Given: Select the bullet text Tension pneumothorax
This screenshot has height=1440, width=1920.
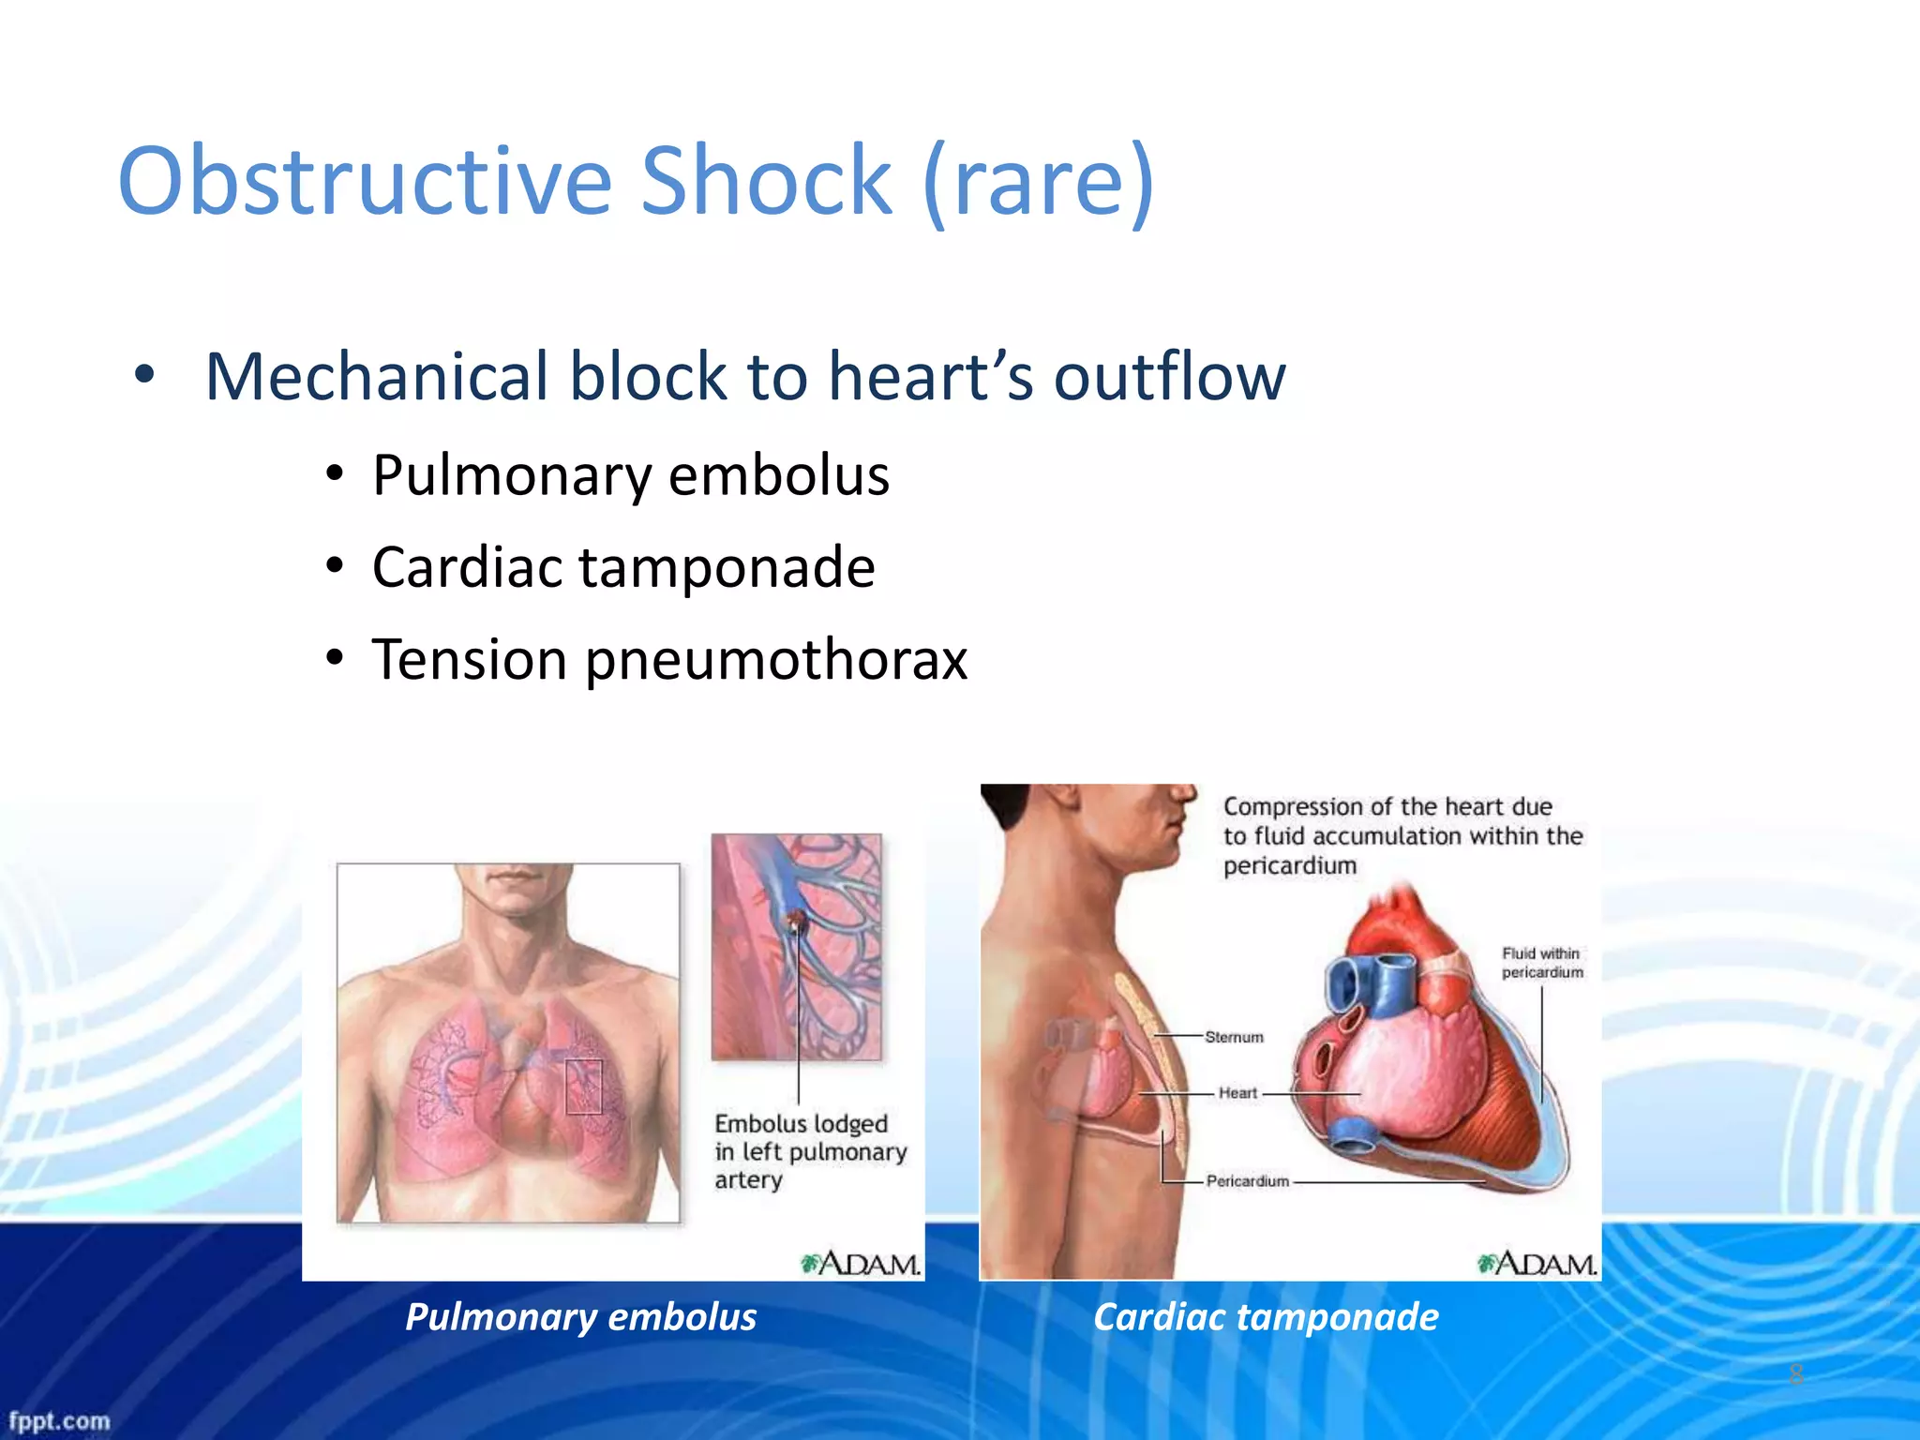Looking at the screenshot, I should [x=669, y=659].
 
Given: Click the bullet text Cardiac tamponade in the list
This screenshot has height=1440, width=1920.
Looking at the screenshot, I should [x=623, y=567].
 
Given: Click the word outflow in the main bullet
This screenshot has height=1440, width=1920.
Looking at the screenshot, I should [x=1169, y=377].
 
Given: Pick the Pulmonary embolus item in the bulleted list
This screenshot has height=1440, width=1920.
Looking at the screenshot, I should [x=630, y=475].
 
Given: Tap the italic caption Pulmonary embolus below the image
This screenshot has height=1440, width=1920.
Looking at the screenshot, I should [x=580, y=1316].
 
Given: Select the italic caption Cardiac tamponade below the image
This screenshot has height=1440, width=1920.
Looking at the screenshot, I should [x=1265, y=1316].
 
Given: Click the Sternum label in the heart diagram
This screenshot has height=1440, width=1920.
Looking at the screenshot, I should [x=1234, y=1037].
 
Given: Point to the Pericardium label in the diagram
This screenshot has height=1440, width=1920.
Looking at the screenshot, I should [x=1247, y=1181].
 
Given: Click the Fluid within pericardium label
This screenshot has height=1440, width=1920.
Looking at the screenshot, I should [x=1541, y=963].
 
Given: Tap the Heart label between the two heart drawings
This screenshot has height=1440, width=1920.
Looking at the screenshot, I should [x=1237, y=1093].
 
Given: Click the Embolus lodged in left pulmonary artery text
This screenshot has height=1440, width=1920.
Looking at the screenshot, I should [x=809, y=1151].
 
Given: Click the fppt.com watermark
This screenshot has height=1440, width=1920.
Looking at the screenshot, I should [x=58, y=1420].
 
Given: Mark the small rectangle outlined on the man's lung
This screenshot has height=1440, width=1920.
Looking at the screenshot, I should [x=583, y=1087].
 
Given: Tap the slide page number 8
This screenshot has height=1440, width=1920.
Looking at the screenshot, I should [x=1795, y=1374].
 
